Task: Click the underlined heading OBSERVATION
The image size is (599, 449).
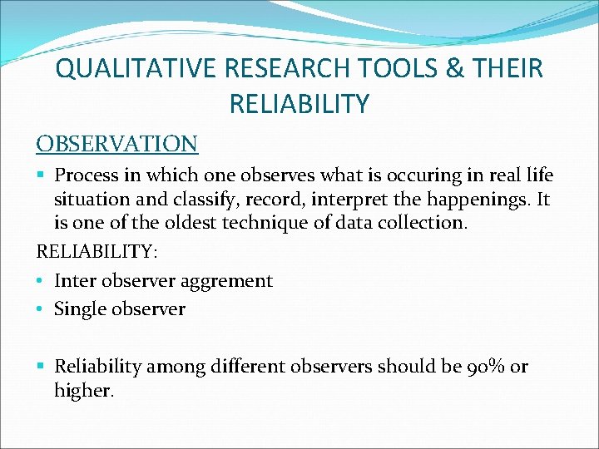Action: tap(116, 143)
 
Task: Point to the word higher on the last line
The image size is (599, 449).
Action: tap(82, 391)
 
